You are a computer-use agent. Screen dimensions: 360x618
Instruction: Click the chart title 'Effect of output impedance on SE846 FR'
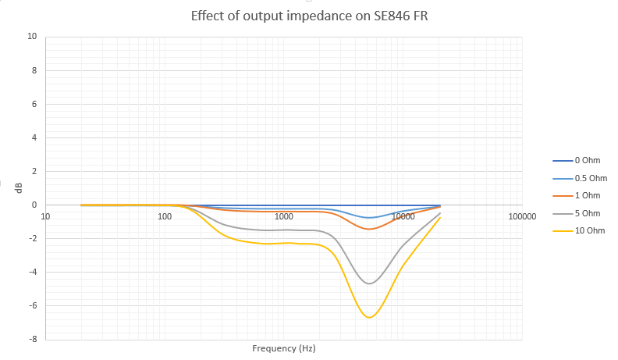[x=309, y=16]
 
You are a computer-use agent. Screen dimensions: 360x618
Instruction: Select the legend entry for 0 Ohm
[x=587, y=161]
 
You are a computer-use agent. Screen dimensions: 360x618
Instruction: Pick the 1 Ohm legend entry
[x=587, y=195]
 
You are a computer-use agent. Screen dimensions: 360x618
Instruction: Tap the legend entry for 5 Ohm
[x=587, y=213]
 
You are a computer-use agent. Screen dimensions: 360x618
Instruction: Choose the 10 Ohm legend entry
[x=589, y=230]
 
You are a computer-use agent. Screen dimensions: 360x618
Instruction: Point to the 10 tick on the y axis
[x=32, y=37]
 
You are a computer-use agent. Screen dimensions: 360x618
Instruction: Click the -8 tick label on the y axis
[x=32, y=340]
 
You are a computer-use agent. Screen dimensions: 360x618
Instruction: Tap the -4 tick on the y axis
[x=32, y=273]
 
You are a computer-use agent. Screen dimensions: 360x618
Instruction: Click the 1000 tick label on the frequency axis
[x=283, y=216]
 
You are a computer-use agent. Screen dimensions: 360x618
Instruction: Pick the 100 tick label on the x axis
[x=165, y=216]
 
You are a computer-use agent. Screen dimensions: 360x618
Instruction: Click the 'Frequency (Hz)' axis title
[x=284, y=348]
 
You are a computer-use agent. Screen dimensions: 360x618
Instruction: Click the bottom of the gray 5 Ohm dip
[x=369, y=283]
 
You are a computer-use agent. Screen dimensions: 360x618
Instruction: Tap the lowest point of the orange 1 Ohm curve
[x=369, y=229]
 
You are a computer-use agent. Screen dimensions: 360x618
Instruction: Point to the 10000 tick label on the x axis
[x=403, y=216]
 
